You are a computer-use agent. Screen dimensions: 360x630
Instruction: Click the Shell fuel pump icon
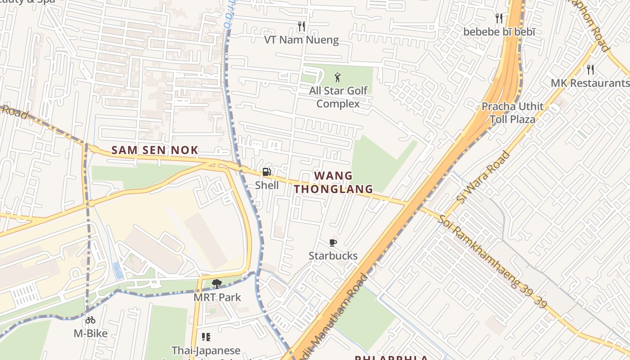[x=266, y=172]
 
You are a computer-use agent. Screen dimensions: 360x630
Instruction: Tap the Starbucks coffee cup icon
[x=333, y=243]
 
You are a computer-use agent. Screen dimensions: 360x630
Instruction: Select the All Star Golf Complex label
[x=338, y=97]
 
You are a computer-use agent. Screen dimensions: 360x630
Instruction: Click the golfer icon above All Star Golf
[x=337, y=77]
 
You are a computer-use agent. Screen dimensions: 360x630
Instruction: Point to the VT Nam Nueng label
[x=301, y=40]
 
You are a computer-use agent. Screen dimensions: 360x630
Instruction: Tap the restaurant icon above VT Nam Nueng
[x=301, y=27]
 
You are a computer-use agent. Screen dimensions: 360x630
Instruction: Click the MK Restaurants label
[x=590, y=83]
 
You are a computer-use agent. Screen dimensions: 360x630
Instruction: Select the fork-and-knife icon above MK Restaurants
[x=590, y=70]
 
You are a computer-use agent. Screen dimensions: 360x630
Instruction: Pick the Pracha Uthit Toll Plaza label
[x=513, y=113]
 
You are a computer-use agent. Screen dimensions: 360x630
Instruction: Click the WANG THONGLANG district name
[x=333, y=182]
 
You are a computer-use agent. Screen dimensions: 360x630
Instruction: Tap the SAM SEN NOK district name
[x=155, y=150]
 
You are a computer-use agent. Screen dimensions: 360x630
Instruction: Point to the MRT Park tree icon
[x=216, y=283]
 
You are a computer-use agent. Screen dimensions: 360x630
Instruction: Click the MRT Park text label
[x=217, y=297]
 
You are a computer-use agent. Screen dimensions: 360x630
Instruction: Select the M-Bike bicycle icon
[x=90, y=320]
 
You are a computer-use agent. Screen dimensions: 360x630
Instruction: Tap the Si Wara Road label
[x=483, y=177]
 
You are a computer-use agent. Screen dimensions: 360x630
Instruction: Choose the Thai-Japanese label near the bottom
[x=206, y=350]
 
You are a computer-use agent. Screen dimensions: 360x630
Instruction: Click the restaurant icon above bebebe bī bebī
[x=499, y=18]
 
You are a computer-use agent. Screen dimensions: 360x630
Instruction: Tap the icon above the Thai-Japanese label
[x=206, y=337]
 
